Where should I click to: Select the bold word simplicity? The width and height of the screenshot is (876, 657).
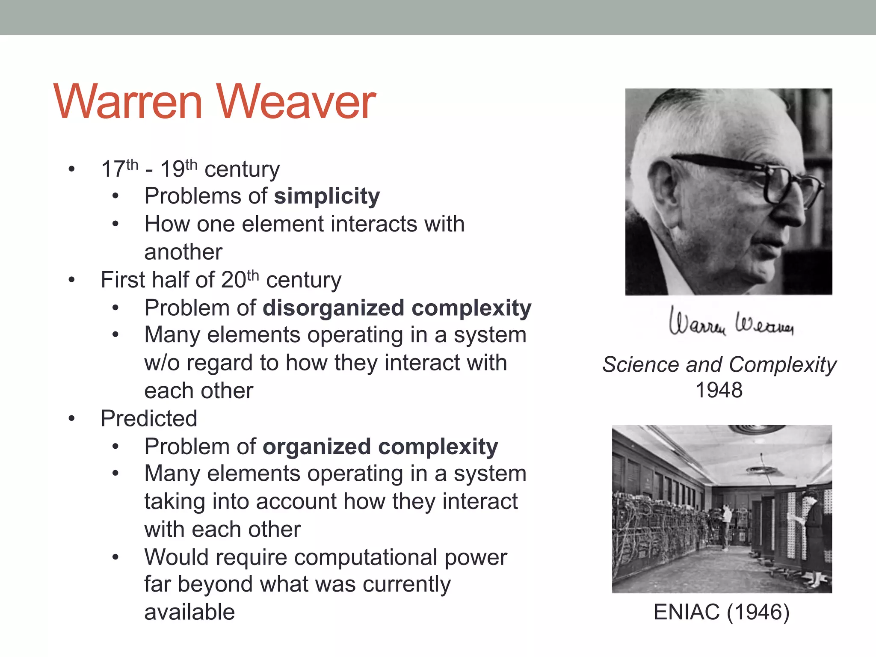(x=327, y=196)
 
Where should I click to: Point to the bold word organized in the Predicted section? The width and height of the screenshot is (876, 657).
(x=317, y=447)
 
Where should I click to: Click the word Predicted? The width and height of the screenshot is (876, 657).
(x=149, y=418)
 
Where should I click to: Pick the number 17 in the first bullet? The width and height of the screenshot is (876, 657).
(x=113, y=169)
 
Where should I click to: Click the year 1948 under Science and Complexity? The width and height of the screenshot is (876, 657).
(x=719, y=390)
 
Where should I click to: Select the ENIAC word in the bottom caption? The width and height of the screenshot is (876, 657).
(x=687, y=612)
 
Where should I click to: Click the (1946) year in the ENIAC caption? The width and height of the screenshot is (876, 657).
(x=758, y=612)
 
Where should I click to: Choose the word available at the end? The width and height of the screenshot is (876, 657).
(x=189, y=612)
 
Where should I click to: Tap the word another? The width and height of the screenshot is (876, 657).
(x=183, y=252)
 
